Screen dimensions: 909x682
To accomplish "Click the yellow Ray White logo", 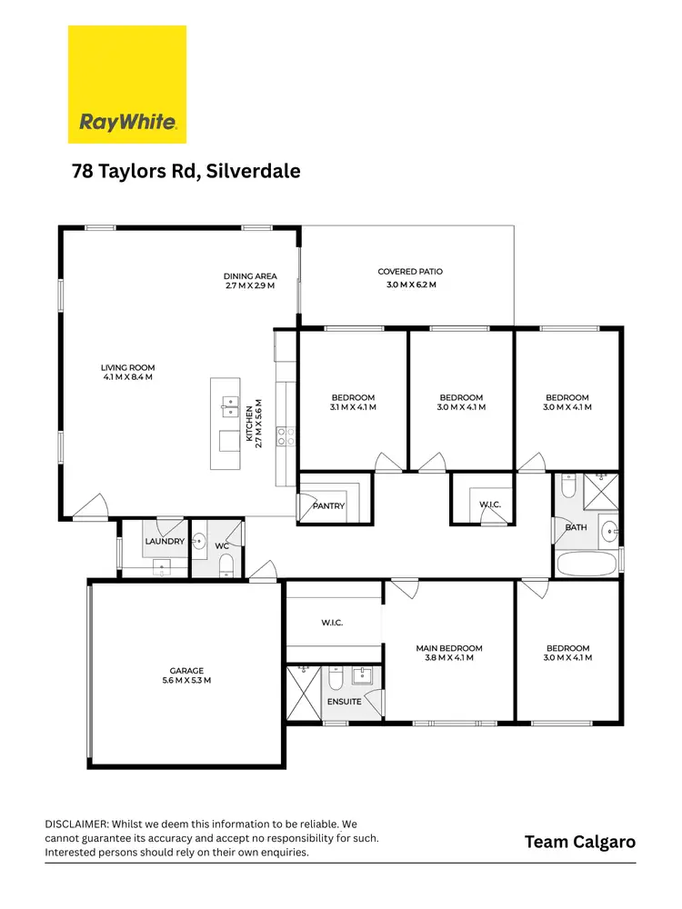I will coord(127,84).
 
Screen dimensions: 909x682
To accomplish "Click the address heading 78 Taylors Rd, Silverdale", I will coord(186,171).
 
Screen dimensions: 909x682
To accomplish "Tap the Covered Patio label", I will coord(410,272).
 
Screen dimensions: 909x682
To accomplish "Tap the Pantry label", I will coord(328,505).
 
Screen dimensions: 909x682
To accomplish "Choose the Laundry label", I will coord(165,542).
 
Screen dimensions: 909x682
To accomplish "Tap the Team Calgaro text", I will coord(580,842).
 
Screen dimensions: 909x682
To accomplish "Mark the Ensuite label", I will coord(346,702).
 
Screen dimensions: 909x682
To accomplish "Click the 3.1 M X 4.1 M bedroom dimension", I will coord(352,407).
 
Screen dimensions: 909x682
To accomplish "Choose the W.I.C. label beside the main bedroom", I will coord(331,623).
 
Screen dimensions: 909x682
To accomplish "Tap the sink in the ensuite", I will coord(366,675).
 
